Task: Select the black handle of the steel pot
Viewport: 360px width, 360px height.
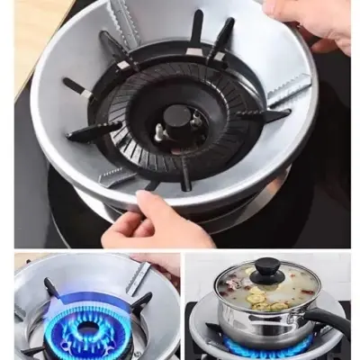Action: coord(328,322)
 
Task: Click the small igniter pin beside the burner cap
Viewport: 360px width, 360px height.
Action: coord(159,132)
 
